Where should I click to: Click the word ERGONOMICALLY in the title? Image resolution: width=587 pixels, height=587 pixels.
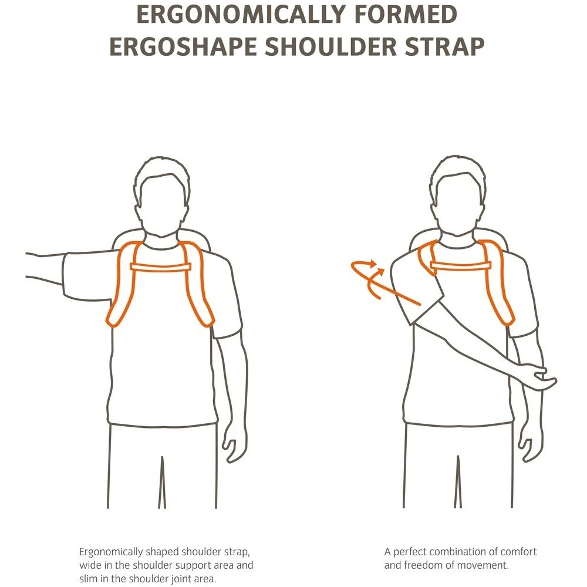(241, 14)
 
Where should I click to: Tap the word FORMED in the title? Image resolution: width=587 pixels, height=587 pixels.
(406, 14)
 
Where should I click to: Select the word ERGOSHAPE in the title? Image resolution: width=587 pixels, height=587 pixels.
(183, 46)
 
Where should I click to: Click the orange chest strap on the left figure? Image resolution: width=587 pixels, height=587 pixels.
(161, 267)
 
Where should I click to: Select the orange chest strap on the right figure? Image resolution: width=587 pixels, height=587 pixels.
(460, 265)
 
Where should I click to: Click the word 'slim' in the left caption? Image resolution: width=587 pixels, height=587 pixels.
(89, 578)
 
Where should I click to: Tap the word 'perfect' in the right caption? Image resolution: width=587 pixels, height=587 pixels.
(410, 552)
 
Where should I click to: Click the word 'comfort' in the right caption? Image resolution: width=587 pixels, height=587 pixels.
(518, 552)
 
